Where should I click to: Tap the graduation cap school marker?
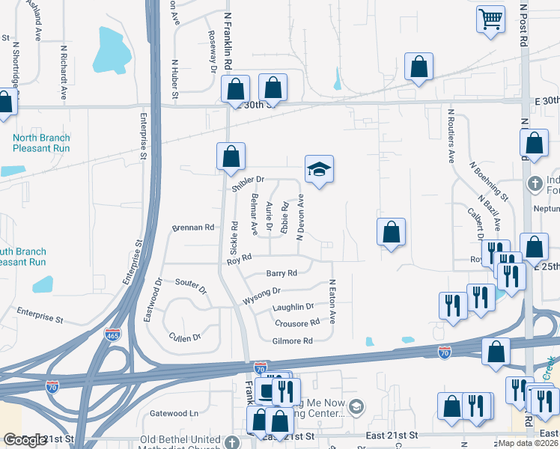(x=319, y=170)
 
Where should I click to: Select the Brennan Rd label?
(x=193, y=227)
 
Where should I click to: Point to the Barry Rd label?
(x=281, y=273)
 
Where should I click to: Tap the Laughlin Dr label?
(x=293, y=307)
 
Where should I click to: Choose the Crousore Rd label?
(x=297, y=323)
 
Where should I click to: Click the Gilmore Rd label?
(x=292, y=340)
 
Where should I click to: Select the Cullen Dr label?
(x=186, y=337)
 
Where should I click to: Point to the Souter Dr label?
(x=190, y=283)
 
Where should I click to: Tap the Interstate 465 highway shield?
(x=112, y=335)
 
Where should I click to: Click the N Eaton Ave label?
(x=332, y=302)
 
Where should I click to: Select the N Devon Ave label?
(x=300, y=217)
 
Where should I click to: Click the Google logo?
(x=24, y=440)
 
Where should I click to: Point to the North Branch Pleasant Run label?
(x=41, y=143)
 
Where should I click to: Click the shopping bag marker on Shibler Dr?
(x=231, y=156)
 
